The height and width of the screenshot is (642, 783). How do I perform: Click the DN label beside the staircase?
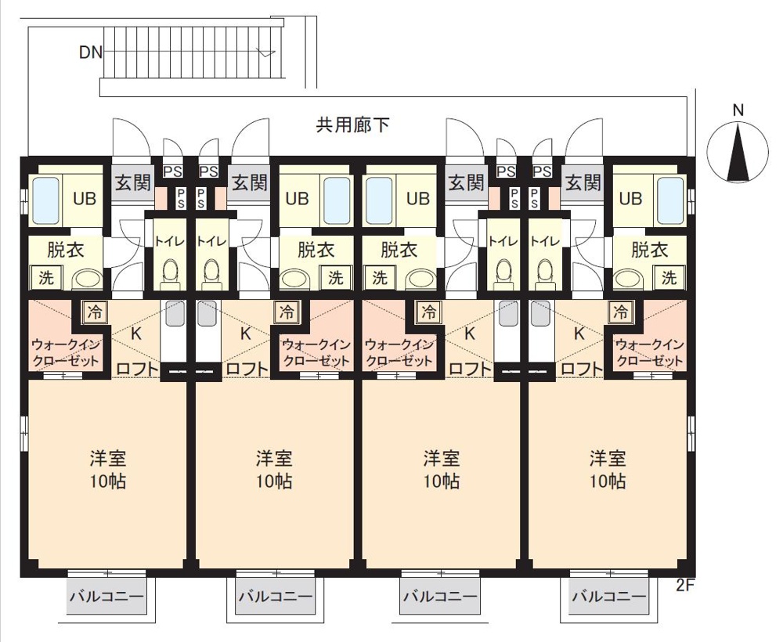(91, 52)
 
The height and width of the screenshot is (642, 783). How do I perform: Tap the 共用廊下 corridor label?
(352, 124)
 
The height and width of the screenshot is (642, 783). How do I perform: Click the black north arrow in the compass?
(738, 153)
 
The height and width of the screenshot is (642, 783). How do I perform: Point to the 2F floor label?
(685, 585)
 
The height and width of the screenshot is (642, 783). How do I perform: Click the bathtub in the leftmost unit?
(46, 199)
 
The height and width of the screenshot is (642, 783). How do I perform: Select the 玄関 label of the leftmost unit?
(133, 182)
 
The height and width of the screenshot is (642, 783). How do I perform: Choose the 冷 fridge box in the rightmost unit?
(621, 312)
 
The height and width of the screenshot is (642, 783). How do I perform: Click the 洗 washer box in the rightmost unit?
(669, 277)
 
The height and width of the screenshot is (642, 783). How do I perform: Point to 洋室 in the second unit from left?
(274, 458)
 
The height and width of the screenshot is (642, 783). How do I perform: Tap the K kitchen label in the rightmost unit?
(579, 334)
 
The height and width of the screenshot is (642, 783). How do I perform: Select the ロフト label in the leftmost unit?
(137, 369)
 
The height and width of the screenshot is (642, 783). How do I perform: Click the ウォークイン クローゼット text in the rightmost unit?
(649, 352)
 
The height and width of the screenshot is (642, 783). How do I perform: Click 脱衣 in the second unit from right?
(399, 250)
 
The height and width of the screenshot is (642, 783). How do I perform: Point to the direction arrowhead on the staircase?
(265, 52)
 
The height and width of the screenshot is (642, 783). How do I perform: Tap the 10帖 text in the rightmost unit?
(608, 481)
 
